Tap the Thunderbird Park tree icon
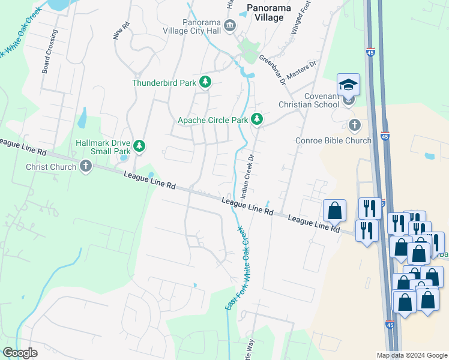click(205, 82)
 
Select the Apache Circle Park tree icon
click(257, 120)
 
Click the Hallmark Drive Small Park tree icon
click(139, 146)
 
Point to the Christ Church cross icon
click(85, 167)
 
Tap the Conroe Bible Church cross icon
click(354, 125)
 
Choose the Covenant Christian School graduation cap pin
click(348, 86)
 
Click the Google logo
click(20, 353)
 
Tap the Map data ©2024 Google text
click(412, 355)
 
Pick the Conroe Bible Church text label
click(333, 141)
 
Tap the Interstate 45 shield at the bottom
click(390, 325)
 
